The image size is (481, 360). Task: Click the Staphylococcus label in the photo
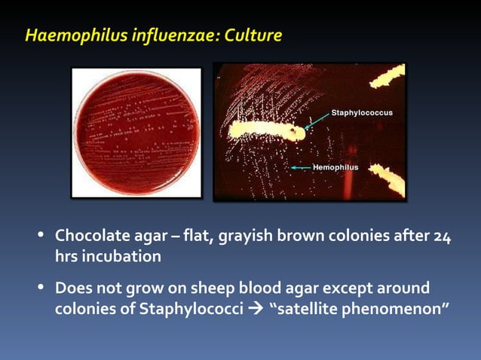(362, 113)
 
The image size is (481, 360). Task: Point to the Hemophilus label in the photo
(335, 166)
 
